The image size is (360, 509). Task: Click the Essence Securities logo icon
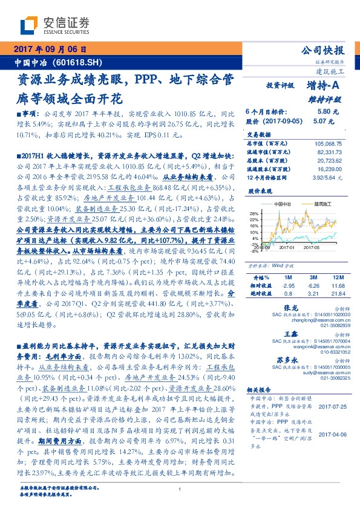click(x=29, y=25)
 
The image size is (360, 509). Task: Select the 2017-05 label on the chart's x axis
click(x=311, y=247)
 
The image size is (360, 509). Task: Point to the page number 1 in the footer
click(x=180, y=489)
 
